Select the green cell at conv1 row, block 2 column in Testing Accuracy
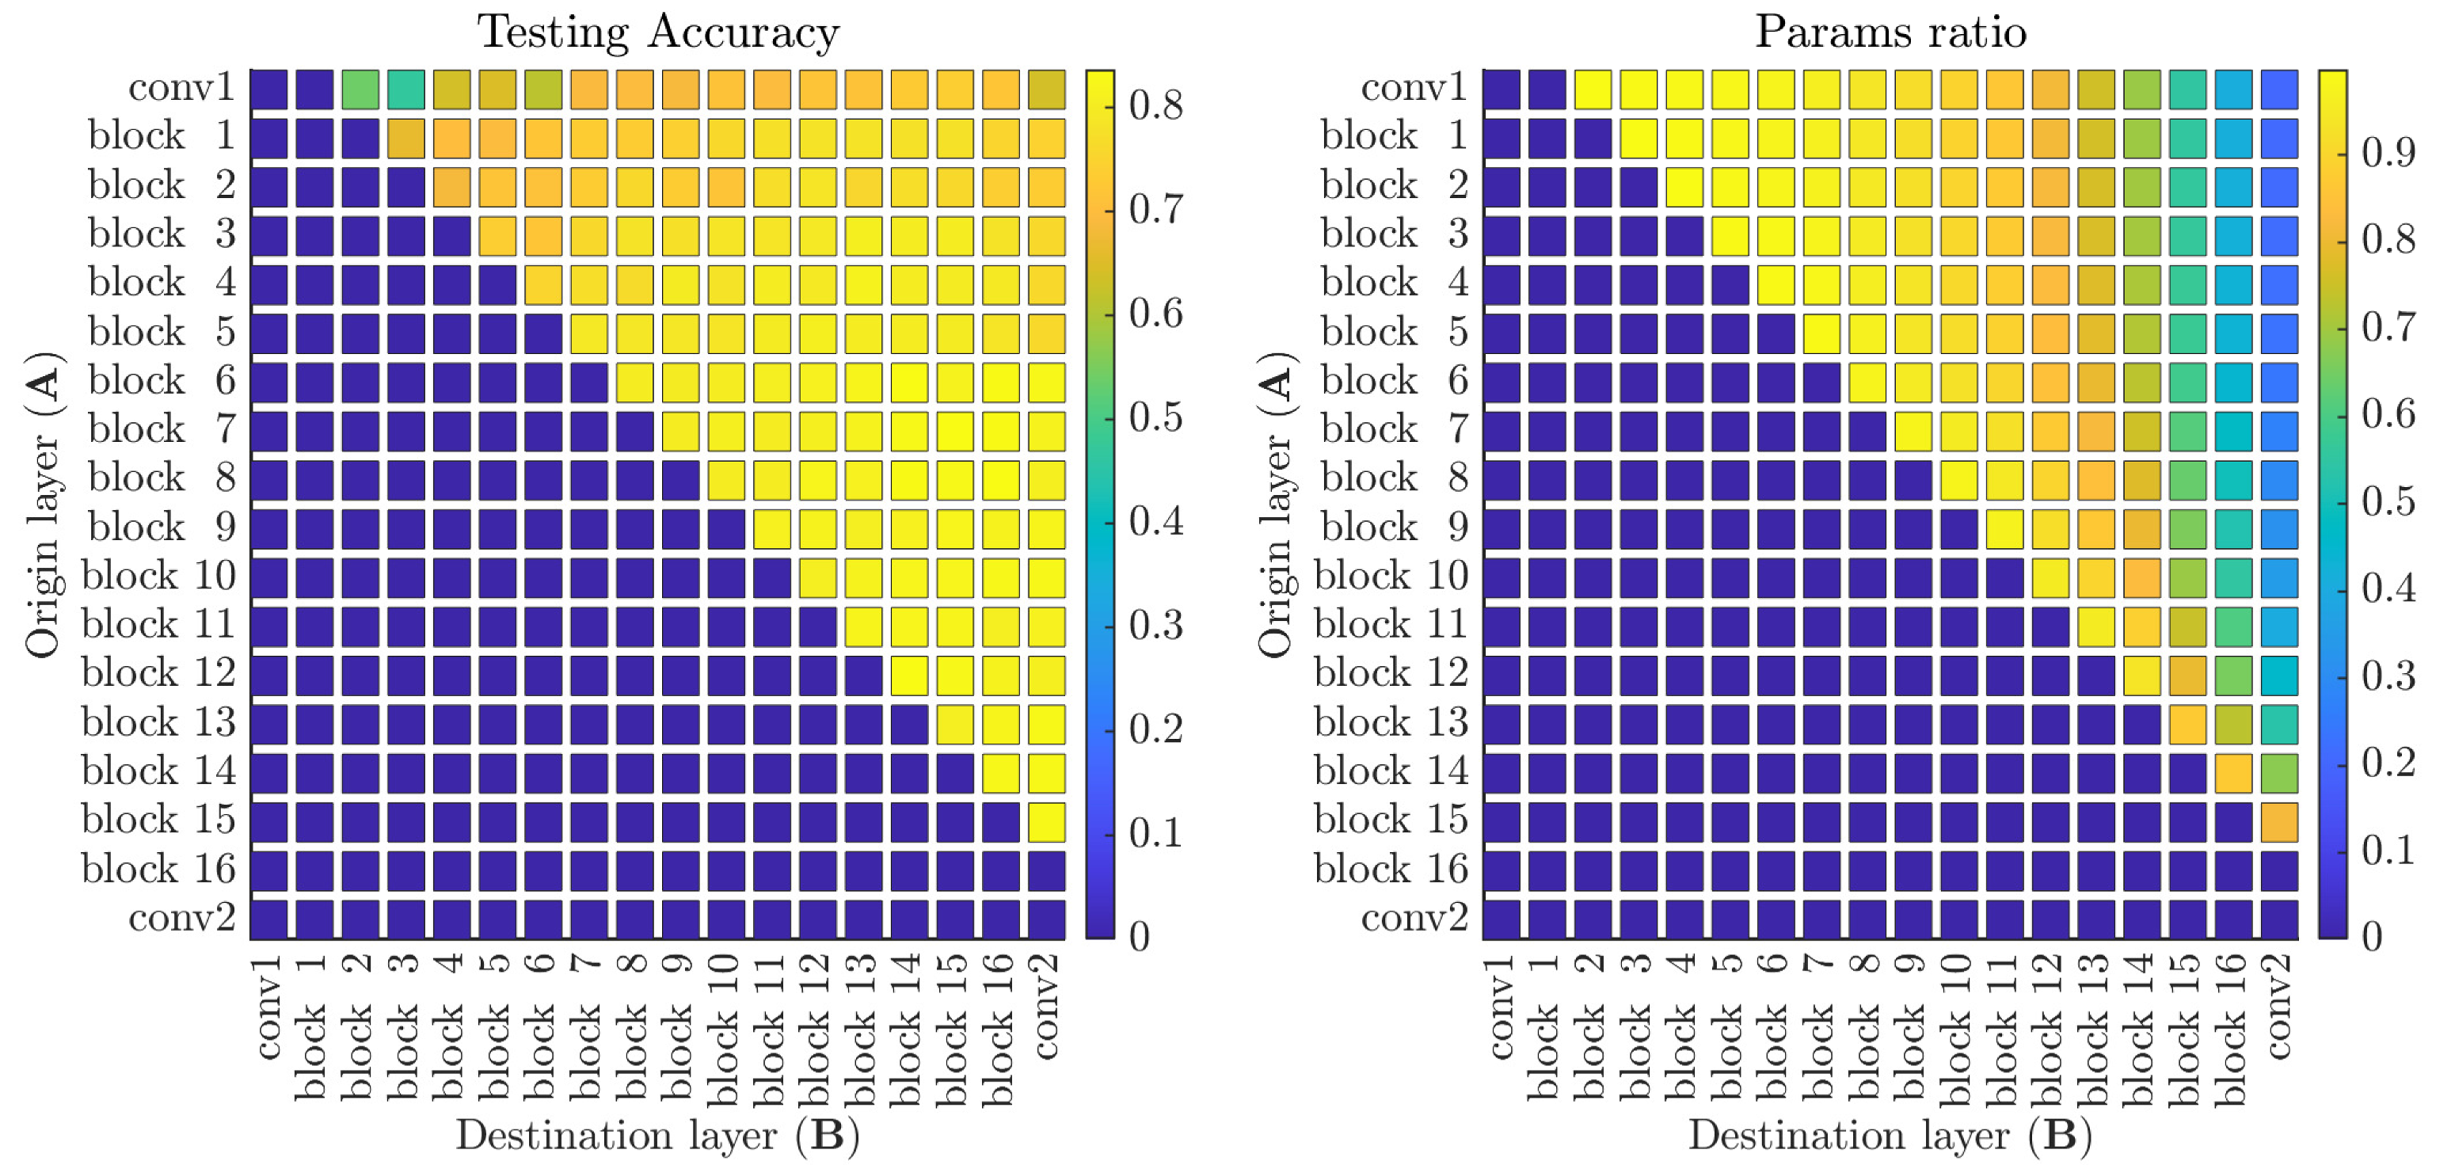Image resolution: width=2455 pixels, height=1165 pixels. pyautogui.click(x=360, y=89)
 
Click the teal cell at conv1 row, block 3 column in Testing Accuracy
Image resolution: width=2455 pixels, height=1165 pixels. pyautogui.click(x=406, y=89)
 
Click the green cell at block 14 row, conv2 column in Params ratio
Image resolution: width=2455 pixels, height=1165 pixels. pyautogui.click(x=2278, y=773)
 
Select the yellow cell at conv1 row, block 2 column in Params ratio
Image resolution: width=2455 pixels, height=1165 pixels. pyautogui.click(x=1593, y=89)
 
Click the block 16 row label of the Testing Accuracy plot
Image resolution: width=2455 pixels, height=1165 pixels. pyautogui.click(x=158, y=869)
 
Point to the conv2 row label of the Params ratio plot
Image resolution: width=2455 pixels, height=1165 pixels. pyautogui.click(x=1414, y=917)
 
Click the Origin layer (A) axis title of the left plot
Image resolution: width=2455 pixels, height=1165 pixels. pyautogui.click(x=43, y=505)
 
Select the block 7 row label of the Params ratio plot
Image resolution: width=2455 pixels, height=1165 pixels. pyautogui.click(x=1396, y=429)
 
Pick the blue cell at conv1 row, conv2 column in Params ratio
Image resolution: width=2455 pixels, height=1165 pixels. pyautogui.click(x=2278, y=89)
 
